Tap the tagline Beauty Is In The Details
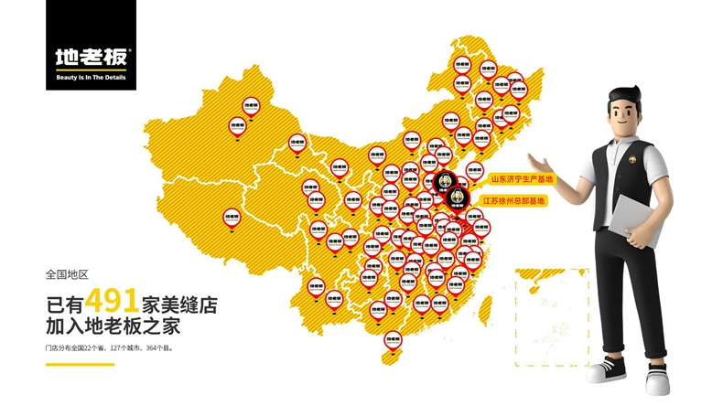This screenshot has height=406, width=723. point(91,80)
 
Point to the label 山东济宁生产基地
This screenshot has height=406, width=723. point(522,179)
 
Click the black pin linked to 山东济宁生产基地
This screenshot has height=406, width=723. point(445,181)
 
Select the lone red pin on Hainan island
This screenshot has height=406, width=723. point(392,339)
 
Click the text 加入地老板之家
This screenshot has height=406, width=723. point(118,325)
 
